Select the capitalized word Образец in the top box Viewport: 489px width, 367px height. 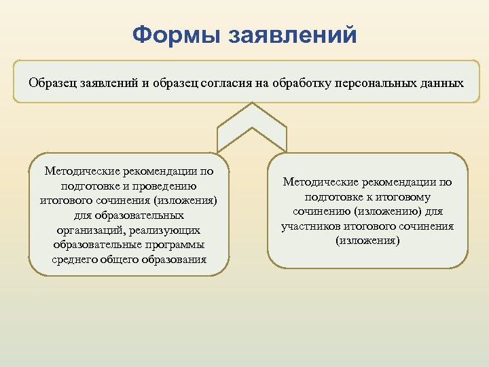tap(52, 84)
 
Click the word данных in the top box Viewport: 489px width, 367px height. tap(439, 84)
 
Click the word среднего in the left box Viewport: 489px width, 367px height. tap(74, 260)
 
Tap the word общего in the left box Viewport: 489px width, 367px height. tap(122, 260)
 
